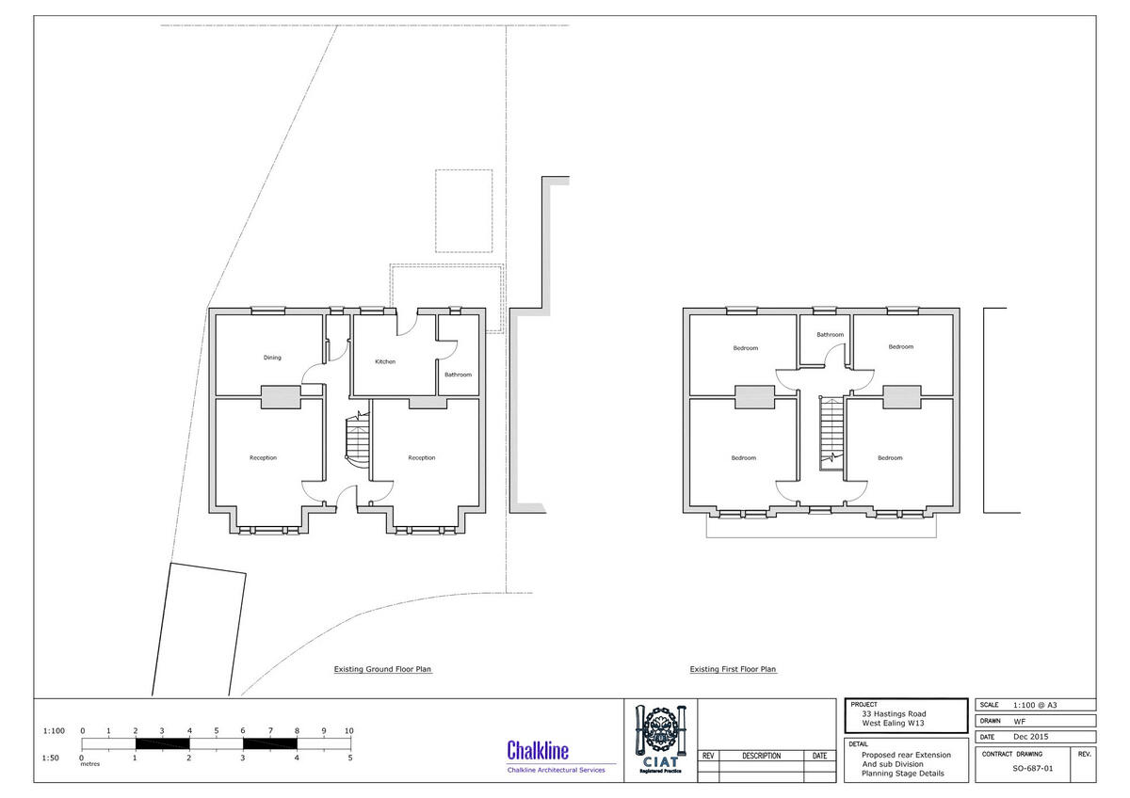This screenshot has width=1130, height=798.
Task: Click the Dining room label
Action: point(272,358)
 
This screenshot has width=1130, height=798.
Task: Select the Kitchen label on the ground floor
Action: point(385,361)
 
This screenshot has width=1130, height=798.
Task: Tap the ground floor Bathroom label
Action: point(459,375)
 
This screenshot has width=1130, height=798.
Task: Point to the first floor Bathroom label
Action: point(830,334)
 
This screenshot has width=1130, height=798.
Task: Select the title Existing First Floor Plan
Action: point(733,670)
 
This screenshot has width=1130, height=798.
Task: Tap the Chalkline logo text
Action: point(538,750)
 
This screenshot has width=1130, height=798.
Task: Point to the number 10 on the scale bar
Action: point(349,730)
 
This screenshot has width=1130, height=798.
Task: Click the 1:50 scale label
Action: point(54,758)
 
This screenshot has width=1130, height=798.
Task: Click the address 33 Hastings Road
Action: point(886,713)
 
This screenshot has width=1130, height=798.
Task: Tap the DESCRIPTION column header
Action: point(761,756)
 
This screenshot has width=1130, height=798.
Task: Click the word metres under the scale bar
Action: point(90,764)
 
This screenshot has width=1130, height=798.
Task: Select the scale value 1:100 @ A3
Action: point(1036,705)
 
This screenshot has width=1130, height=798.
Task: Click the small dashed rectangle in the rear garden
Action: point(463,211)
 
